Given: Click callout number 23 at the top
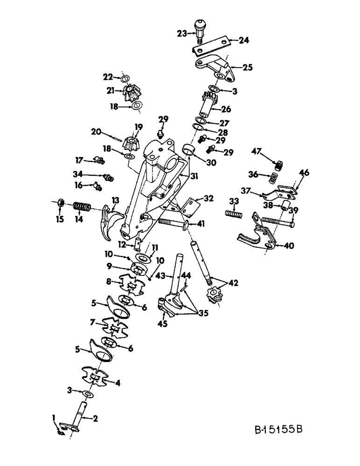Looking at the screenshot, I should [180, 33].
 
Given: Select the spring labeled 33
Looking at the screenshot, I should [234, 213].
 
